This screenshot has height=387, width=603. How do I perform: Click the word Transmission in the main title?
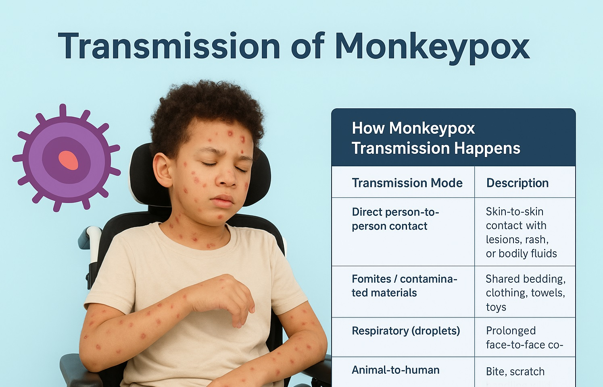pyautogui.click(x=169, y=46)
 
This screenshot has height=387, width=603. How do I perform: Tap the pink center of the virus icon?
pyautogui.click(x=69, y=160)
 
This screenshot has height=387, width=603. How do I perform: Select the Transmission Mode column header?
pyautogui.click(x=407, y=183)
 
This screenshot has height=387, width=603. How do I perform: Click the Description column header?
pyautogui.click(x=517, y=183)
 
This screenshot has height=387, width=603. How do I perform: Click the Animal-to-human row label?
pyautogui.click(x=395, y=370)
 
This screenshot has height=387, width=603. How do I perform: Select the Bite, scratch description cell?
pyautogui.click(x=515, y=372)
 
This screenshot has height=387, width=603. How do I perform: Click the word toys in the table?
pyautogui.click(x=496, y=307)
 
